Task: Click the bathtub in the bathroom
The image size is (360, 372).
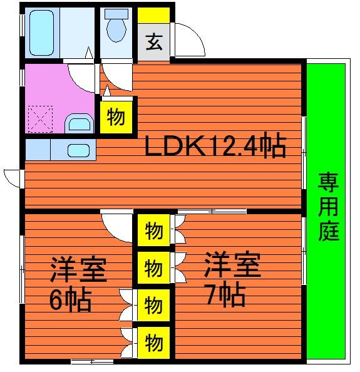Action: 41,33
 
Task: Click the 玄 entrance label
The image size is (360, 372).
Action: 154,42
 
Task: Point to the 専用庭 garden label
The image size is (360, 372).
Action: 329,207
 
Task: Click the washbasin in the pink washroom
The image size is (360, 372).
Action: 79,124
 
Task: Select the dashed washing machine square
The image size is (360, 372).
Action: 40,120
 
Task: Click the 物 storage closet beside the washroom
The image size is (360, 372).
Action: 116,117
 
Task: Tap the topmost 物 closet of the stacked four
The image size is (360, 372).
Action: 153,230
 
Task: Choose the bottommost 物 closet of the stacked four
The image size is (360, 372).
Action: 153,343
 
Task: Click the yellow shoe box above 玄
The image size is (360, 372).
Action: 153,16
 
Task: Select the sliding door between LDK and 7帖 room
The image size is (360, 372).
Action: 212,211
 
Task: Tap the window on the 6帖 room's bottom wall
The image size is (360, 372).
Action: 92,362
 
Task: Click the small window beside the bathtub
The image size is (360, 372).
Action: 22,26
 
